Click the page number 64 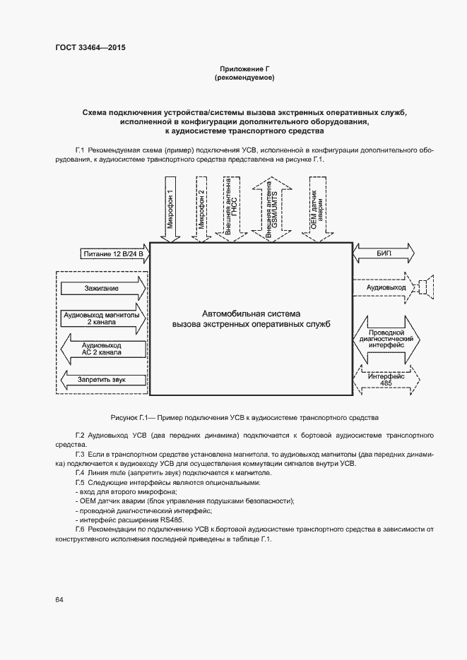coord(59,600)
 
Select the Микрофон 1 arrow coord(170,210)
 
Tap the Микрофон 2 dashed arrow coord(202,210)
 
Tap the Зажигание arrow coord(103,288)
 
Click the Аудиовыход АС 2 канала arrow coord(102,347)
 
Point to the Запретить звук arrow coord(102,380)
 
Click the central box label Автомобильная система coord(252,313)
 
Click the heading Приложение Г coord(244,68)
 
